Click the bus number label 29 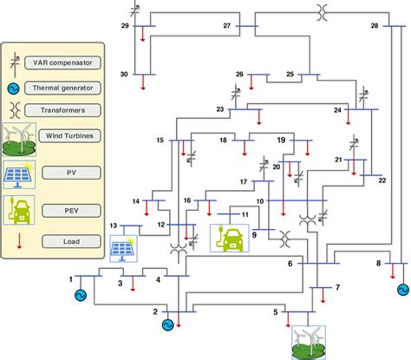[x=125, y=27]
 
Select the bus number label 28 [x=375, y=27]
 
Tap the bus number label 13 [x=114, y=226]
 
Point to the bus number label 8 [x=378, y=262]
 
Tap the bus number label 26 [x=239, y=75]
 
